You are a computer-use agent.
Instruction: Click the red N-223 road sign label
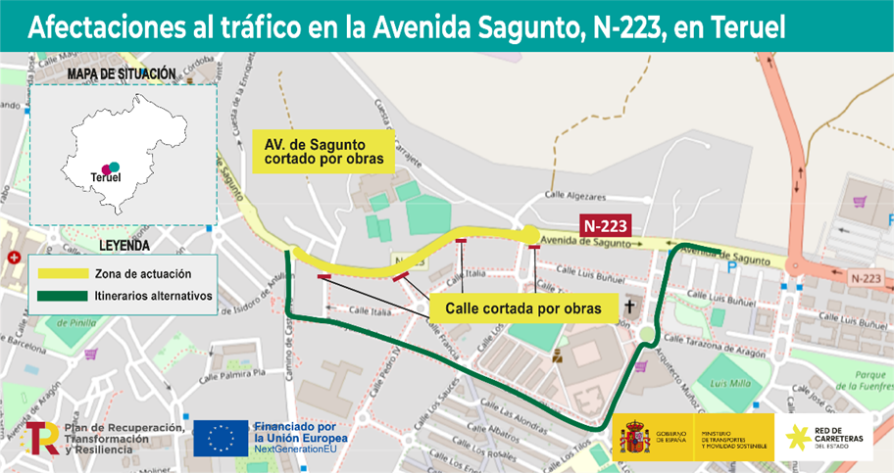pyautogui.click(x=606, y=225)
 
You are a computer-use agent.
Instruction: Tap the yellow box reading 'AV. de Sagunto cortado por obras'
pyautogui.click(x=323, y=151)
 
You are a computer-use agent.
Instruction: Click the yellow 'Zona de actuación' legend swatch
pyautogui.click(x=62, y=274)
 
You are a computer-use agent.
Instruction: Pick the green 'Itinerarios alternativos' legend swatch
pyautogui.click(x=62, y=295)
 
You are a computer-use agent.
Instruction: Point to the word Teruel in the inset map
pyautogui.click(x=104, y=177)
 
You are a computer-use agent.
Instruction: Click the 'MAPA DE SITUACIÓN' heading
pyautogui.click(x=121, y=73)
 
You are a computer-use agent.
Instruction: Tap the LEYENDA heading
pyautogui.click(x=124, y=245)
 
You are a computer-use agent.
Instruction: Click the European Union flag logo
pyautogui.click(x=221, y=439)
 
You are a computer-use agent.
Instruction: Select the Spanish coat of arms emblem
pyautogui.click(x=630, y=440)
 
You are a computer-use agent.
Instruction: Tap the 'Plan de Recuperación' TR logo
pyautogui.click(x=42, y=440)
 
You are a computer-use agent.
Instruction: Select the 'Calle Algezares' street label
pyautogui.click(x=575, y=196)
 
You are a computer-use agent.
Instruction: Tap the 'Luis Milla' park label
pyautogui.click(x=728, y=382)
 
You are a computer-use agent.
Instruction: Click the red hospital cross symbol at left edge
pyautogui.click(x=13, y=258)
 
